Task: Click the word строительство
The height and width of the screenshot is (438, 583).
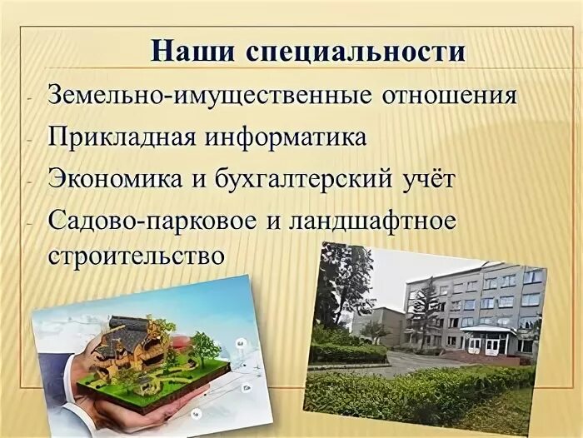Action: (x=137, y=253)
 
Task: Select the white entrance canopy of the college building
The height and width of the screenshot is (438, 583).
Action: (x=486, y=331)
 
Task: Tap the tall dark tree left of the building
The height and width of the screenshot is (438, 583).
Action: (x=341, y=283)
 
